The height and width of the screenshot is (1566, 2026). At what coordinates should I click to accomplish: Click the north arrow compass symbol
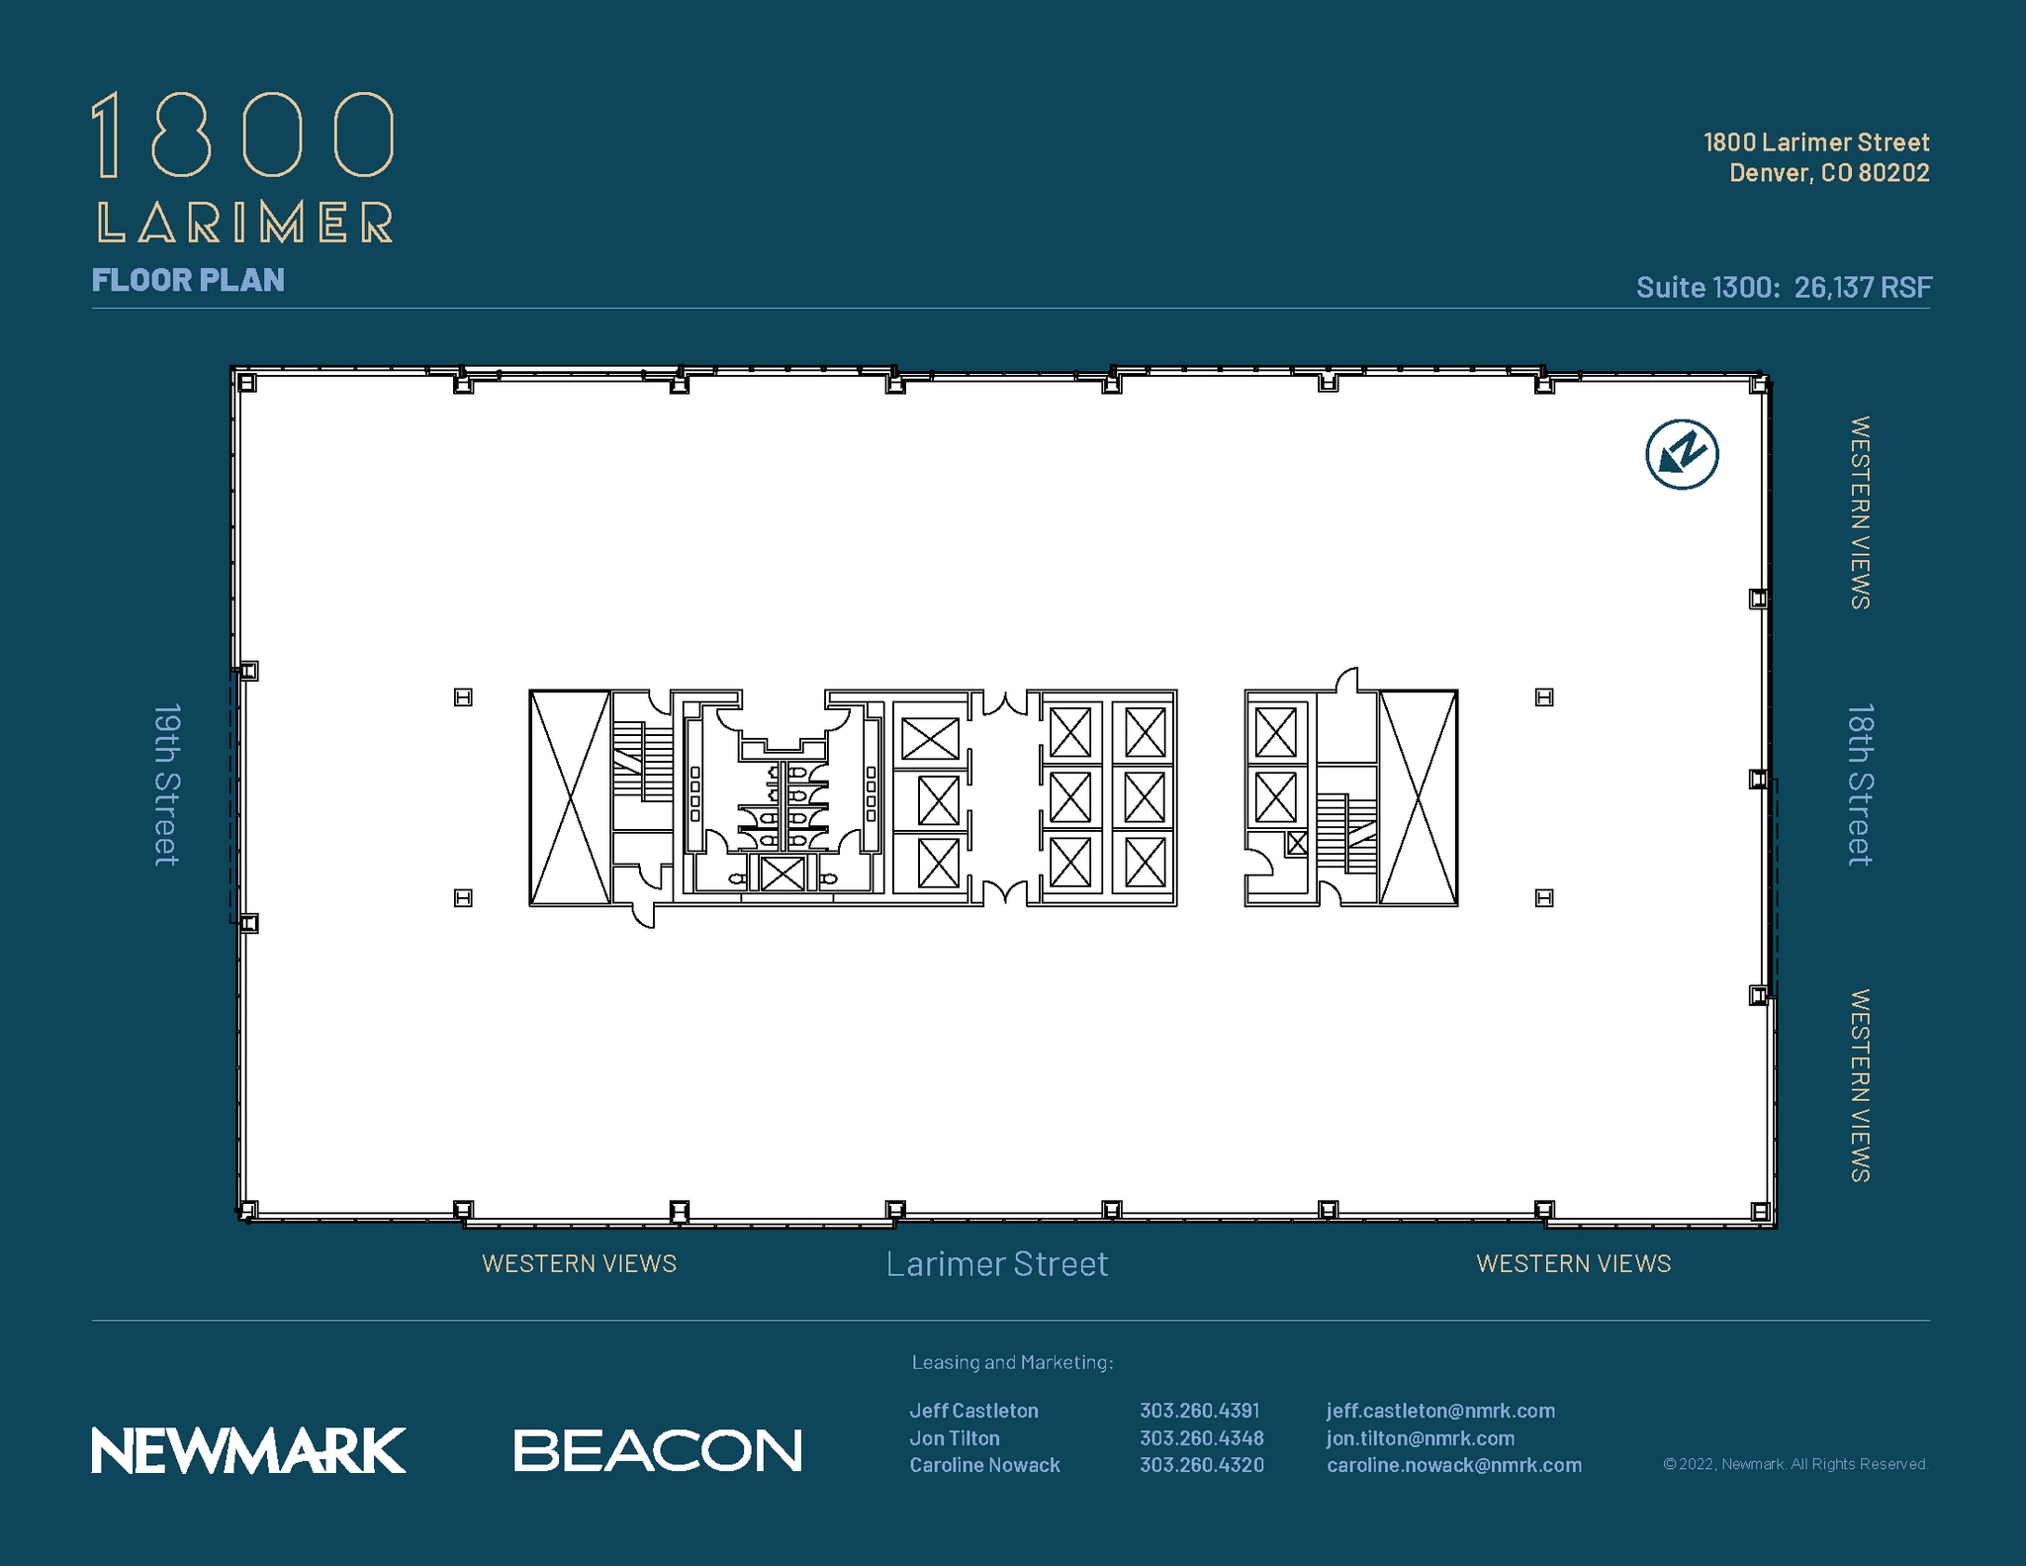(x=1681, y=455)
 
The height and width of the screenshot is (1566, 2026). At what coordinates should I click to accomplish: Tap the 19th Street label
(x=167, y=784)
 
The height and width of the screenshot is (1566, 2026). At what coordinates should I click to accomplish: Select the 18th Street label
(x=1860, y=784)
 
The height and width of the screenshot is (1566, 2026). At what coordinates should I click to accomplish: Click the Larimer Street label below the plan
(x=996, y=1264)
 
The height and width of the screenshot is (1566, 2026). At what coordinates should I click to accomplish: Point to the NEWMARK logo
(x=248, y=1450)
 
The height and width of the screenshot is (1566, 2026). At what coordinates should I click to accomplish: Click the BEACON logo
(x=657, y=1450)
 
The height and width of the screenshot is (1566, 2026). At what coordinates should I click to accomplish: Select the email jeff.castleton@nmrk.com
(x=1440, y=1411)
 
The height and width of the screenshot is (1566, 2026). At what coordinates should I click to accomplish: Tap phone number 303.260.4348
(x=1201, y=1438)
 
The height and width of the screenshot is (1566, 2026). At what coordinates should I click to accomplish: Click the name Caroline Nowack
(x=984, y=1465)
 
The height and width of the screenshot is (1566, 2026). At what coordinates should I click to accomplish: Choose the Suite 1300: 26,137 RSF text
(x=1783, y=287)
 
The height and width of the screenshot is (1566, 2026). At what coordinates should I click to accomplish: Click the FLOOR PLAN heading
(x=188, y=280)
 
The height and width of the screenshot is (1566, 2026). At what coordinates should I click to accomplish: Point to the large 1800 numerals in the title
(x=243, y=136)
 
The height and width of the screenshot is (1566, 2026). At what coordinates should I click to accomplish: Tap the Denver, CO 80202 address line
(x=1828, y=173)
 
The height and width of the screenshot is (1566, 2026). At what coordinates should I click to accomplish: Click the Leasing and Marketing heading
(x=1012, y=1362)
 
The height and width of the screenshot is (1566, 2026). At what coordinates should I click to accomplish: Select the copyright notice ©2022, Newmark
(x=1795, y=1464)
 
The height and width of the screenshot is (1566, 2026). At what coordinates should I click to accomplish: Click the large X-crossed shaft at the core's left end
(x=570, y=797)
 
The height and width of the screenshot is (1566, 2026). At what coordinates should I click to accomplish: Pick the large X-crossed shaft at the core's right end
(x=1418, y=797)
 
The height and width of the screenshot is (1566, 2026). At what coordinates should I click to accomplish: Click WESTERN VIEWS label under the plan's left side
(x=579, y=1264)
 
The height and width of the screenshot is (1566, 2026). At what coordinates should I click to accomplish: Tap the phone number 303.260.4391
(x=1199, y=1411)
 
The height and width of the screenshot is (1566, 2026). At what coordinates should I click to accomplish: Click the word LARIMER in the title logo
(x=245, y=223)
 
